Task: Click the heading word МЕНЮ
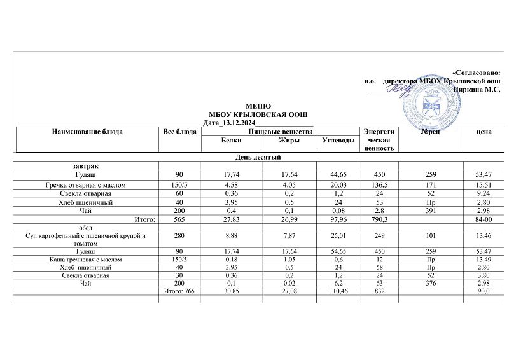(258, 106)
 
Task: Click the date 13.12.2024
(235, 123)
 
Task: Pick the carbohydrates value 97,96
(333, 220)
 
